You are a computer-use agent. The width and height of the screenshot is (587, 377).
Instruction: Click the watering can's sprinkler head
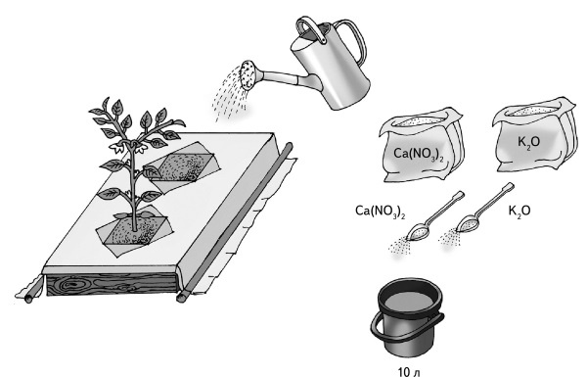click(248, 75)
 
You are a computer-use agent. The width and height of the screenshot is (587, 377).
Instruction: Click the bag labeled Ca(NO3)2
click(422, 145)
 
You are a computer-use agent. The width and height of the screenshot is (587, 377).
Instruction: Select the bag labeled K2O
click(534, 136)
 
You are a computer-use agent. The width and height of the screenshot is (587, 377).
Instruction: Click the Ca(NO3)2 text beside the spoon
click(380, 212)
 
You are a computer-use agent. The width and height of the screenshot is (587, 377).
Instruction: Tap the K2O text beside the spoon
click(519, 211)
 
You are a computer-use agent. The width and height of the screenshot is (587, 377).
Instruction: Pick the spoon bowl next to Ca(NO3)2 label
click(418, 232)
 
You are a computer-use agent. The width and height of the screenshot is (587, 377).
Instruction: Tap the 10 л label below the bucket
click(409, 372)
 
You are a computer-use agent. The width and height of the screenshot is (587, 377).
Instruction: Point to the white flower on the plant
click(119, 148)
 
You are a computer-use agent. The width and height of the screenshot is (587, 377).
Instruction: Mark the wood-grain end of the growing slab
click(112, 285)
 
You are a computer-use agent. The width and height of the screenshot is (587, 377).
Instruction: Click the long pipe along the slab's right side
click(235, 222)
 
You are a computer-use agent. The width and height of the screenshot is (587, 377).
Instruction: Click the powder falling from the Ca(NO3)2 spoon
click(399, 246)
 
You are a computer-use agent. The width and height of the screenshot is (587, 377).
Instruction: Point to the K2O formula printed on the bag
click(529, 142)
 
